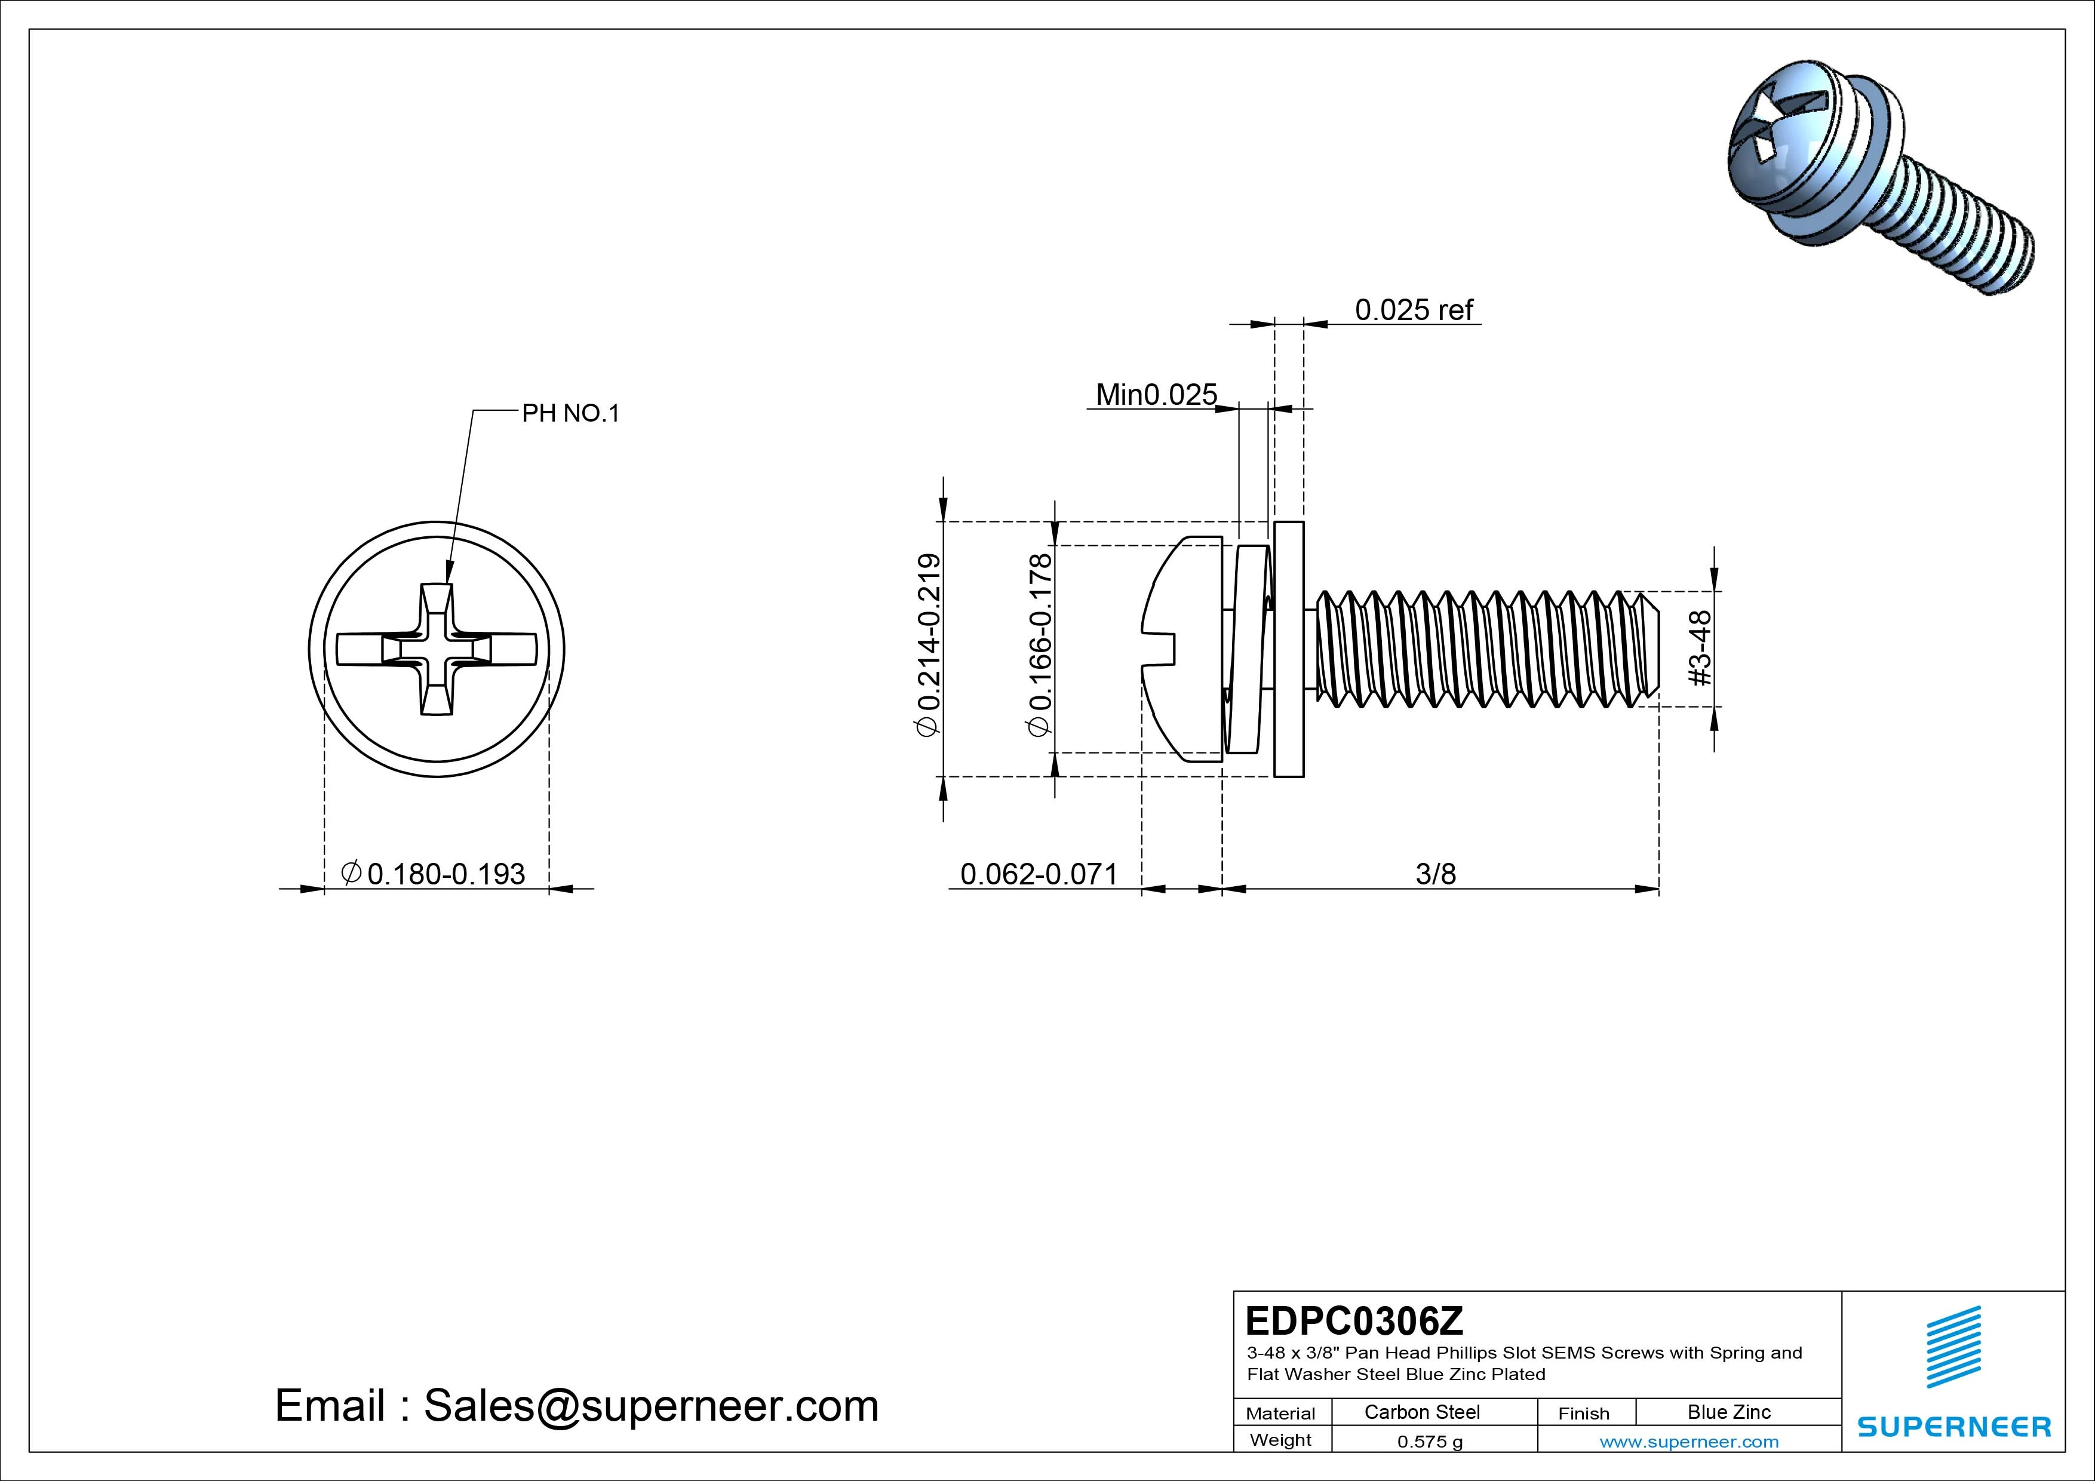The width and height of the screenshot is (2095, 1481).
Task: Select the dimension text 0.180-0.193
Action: pos(446,874)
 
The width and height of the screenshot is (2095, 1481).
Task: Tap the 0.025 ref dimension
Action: pos(1414,311)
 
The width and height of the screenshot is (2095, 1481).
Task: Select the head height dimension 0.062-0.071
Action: pos(1039,874)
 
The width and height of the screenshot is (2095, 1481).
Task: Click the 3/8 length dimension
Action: pos(1435,874)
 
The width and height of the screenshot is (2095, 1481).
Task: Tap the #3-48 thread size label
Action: pos(1700,648)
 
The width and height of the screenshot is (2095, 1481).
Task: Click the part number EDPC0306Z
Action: pos(1353,1320)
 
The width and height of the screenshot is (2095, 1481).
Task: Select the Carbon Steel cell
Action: pos(1421,1412)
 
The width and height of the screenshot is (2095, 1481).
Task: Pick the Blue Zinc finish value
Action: pos(1728,1412)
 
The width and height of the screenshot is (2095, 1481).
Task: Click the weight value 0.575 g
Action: pos(1430,1442)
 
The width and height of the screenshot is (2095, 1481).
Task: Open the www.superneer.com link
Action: pos(1689,1442)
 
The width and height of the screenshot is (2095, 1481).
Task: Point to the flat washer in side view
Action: pos(1288,649)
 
